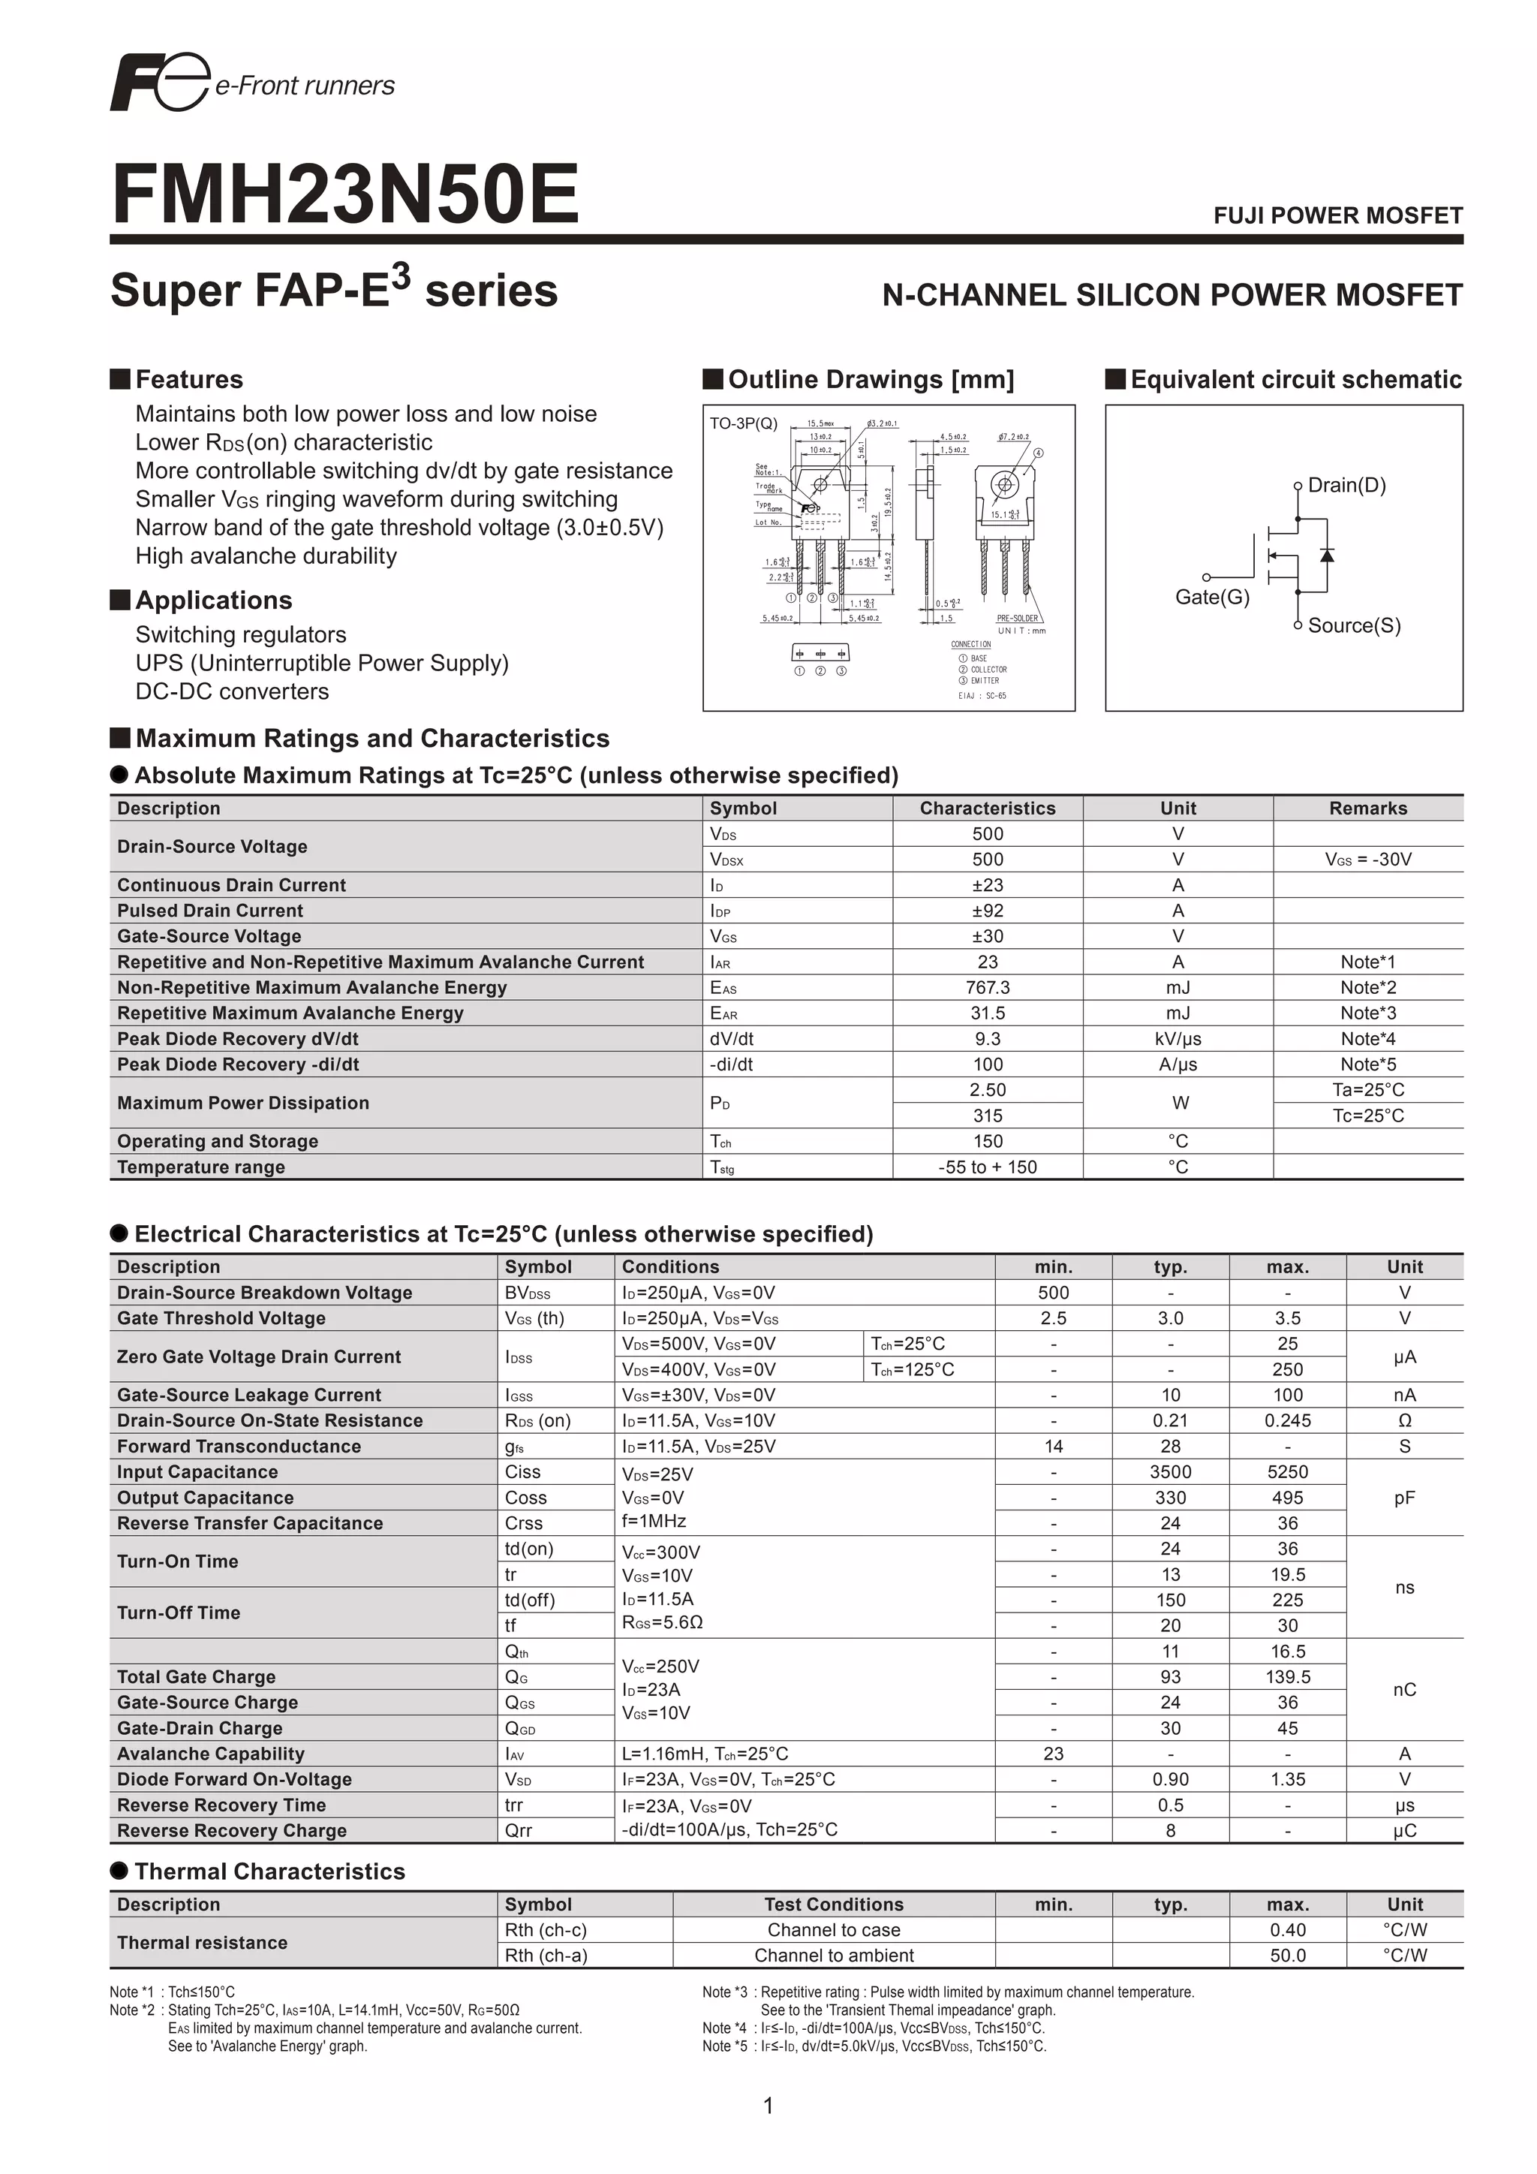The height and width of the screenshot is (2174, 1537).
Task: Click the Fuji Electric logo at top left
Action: point(159,83)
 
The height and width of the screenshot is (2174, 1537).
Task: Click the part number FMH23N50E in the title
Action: point(345,195)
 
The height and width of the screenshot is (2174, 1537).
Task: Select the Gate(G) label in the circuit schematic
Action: point(1211,598)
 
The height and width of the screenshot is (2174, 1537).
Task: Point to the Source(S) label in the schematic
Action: point(1353,626)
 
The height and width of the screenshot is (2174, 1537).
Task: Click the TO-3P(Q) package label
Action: point(743,424)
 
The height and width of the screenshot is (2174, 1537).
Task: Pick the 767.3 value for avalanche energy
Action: point(987,988)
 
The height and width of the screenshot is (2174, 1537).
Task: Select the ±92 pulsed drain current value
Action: point(987,911)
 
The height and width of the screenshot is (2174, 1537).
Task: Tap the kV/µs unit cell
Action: point(1178,1039)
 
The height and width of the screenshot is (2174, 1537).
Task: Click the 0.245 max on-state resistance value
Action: point(1287,1421)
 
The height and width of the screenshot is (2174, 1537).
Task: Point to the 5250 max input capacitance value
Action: point(1287,1472)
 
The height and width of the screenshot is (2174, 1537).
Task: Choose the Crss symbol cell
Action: point(523,1523)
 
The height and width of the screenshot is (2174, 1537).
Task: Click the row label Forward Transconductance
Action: point(239,1447)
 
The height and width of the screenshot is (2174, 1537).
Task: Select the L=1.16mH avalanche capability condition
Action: point(704,1754)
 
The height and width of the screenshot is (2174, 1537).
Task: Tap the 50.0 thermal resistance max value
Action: point(1287,1956)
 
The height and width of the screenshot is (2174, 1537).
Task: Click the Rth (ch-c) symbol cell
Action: point(545,1931)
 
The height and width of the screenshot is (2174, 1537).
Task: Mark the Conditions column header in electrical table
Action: point(670,1267)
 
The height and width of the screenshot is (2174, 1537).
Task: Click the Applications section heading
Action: point(213,601)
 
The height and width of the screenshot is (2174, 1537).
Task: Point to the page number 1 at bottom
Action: point(768,2106)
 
